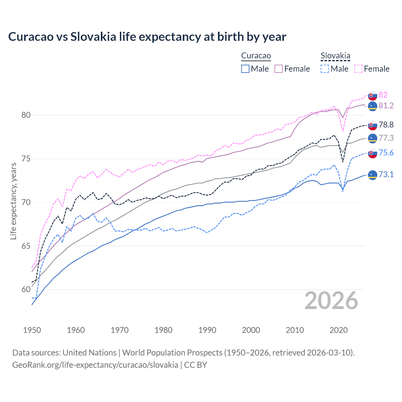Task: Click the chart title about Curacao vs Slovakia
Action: [x=147, y=37]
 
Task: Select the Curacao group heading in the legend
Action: [x=256, y=56]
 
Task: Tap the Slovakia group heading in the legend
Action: [x=335, y=56]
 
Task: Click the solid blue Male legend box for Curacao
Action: [x=245, y=69]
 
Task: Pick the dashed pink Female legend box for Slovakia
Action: [x=358, y=69]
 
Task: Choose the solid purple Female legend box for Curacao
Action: [x=279, y=69]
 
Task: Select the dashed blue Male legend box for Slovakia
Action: [x=325, y=69]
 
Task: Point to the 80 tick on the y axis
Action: [x=26, y=115]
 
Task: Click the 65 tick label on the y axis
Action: [x=26, y=246]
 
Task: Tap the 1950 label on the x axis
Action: [x=32, y=330]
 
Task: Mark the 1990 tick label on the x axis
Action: [x=207, y=330]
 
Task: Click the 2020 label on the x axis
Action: [x=339, y=330]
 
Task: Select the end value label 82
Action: [x=383, y=95]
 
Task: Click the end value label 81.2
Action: [x=386, y=106]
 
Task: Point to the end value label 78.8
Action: [x=386, y=125]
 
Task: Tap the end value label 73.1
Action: [x=386, y=174]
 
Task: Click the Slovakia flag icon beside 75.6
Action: [x=372, y=153]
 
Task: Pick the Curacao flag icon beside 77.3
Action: [x=372, y=138]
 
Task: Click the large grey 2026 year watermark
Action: [x=331, y=301]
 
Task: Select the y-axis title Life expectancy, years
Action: [x=13, y=201]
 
